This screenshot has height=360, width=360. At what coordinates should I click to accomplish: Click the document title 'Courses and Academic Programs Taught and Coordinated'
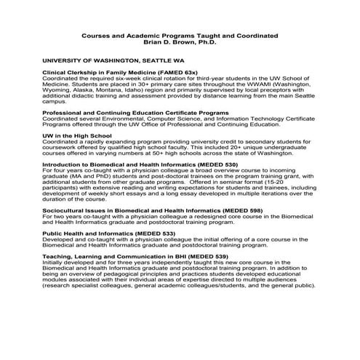click(x=180, y=36)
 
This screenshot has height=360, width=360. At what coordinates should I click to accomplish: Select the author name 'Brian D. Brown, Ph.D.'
click(x=180, y=43)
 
